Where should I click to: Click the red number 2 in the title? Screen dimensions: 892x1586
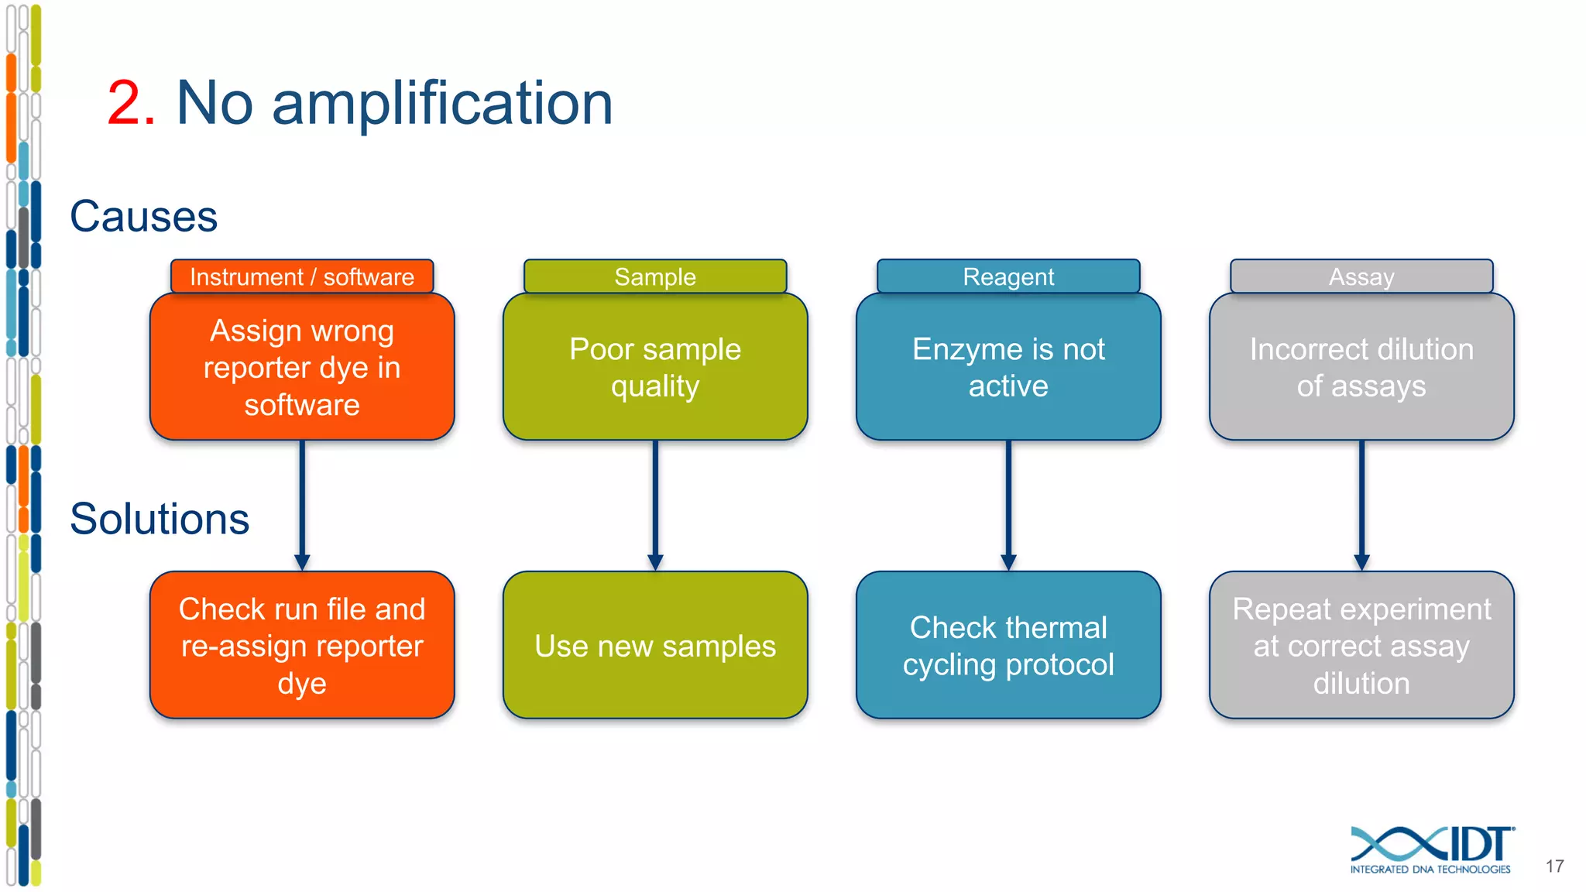pos(130,103)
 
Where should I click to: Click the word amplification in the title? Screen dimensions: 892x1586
pos(441,105)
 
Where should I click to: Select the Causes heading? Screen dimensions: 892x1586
pos(143,216)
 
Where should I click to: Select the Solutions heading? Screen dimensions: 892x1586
pos(160,519)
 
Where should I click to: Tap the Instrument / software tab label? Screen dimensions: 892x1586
pos(302,276)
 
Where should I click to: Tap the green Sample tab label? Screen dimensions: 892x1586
pos(655,276)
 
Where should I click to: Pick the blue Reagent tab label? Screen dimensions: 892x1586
pos(1008,276)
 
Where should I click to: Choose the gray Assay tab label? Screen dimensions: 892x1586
pos(1361,276)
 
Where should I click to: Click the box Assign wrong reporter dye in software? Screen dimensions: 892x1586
pos(302,367)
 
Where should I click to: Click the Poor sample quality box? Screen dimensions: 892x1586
pos(655,367)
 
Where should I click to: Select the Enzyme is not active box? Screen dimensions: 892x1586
pos(1008,367)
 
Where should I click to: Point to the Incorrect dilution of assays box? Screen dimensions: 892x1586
pos(1361,367)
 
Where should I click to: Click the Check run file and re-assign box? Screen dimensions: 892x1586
pos(302,645)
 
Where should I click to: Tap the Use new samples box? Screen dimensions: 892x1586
pos(655,645)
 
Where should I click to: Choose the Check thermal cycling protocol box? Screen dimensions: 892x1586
pos(1008,645)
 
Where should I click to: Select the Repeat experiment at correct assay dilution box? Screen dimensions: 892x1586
pos(1361,645)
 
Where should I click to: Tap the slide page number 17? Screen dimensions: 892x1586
pos(1554,866)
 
